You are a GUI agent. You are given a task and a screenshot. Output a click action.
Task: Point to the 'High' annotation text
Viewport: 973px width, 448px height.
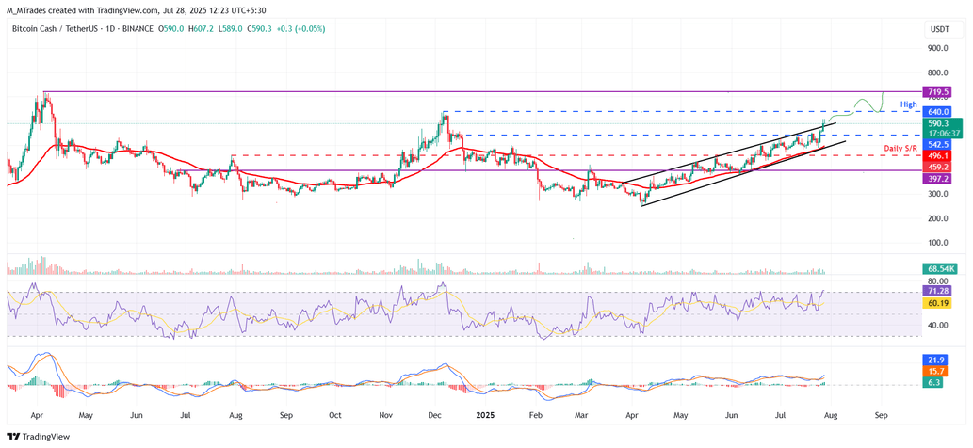coord(908,104)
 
